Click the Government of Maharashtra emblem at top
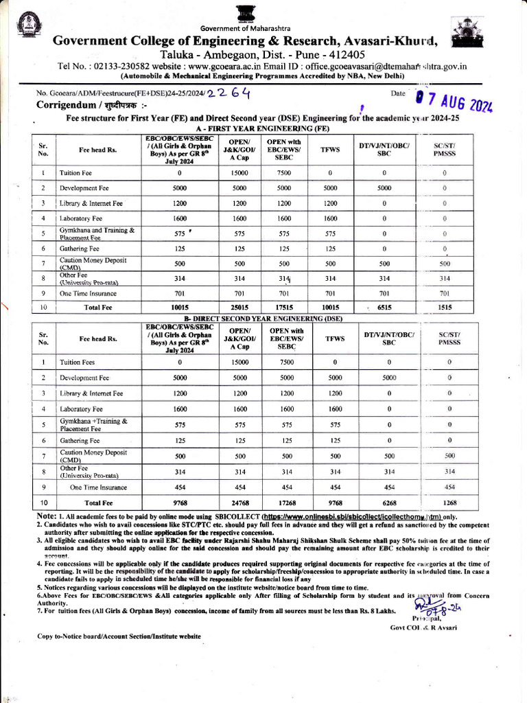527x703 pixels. coord(244,13)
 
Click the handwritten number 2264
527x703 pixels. coord(228,93)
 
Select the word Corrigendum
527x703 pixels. coord(67,105)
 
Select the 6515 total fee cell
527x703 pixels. coord(384,308)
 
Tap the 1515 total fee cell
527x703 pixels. coord(445,308)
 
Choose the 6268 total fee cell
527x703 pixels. coord(389,503)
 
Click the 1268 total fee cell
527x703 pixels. coord(449,503)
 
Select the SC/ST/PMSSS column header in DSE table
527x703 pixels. coord(449,338)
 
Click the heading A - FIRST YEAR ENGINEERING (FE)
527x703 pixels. coord(263,128)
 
